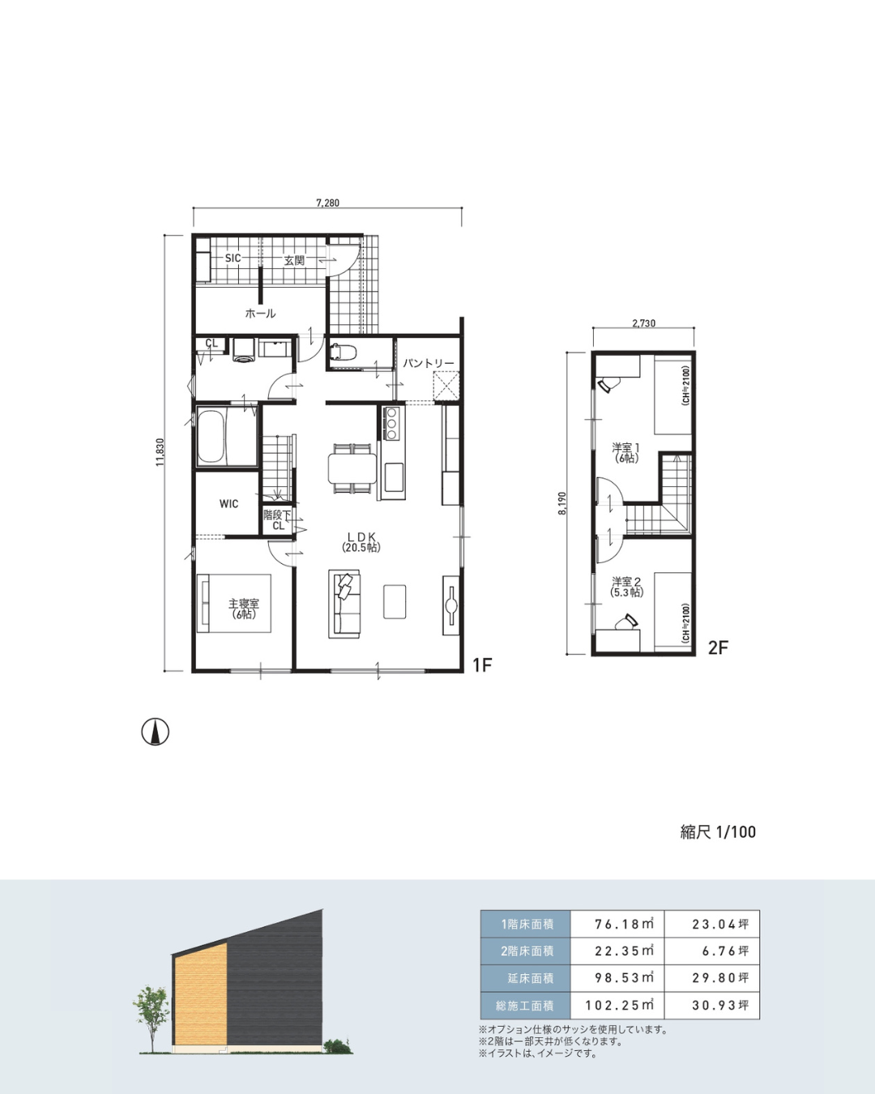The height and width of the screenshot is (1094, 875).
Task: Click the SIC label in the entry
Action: [x=233, y=259]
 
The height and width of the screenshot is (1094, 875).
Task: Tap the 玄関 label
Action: [x=294, y=261]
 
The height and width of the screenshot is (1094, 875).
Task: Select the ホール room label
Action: [x=260, y=314]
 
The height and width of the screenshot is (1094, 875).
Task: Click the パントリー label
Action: [x=429, y=364]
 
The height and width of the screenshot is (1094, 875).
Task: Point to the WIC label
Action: [x=228, y=504]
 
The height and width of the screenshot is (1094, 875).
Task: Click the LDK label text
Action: [x=361, y=536]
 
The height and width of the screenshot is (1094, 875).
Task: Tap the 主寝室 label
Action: [x=244, y=604]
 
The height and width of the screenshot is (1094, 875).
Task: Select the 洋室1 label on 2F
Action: [x=625, y=448]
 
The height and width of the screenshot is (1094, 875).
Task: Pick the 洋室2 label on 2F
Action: [x=626, y=581]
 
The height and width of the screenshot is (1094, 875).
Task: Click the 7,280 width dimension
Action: [x=327, y=203]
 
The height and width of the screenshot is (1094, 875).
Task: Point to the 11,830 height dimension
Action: [x=160, y=452]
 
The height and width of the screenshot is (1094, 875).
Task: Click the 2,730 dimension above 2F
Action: [x=643, y=323]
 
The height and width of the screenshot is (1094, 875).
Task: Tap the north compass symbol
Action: [x=156, y=733]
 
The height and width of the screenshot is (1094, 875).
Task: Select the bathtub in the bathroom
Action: [x=211, y=437]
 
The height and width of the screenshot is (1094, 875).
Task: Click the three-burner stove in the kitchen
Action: [x=391, y=422]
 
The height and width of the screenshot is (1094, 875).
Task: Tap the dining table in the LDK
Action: [x=352, y=468]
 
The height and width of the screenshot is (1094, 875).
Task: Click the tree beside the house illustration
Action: [x=152, y=1019]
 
